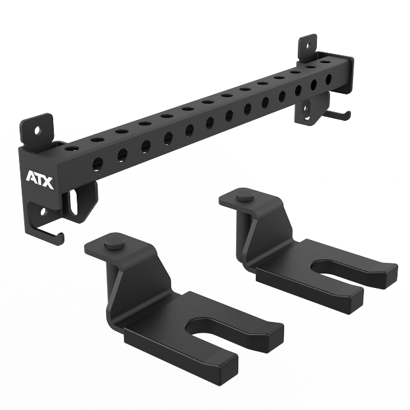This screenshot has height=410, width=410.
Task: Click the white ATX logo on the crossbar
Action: (39, 176)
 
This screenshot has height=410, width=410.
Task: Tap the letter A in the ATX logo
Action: (31, 176)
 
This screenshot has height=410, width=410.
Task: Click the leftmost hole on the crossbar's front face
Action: (98, 163)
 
